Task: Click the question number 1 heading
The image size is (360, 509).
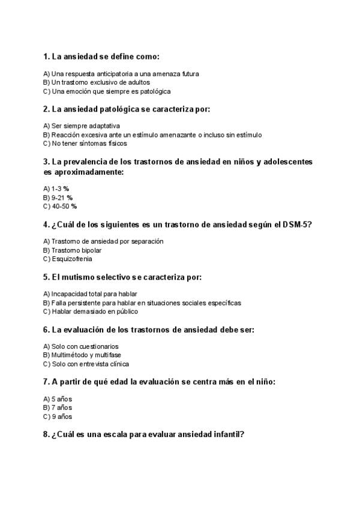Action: [x=101, y=56]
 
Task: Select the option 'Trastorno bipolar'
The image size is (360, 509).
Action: [x=72, y=250]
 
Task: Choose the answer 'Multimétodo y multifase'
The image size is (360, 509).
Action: [x=83, y=355]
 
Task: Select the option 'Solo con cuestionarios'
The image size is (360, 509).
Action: [x=80, y=346]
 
